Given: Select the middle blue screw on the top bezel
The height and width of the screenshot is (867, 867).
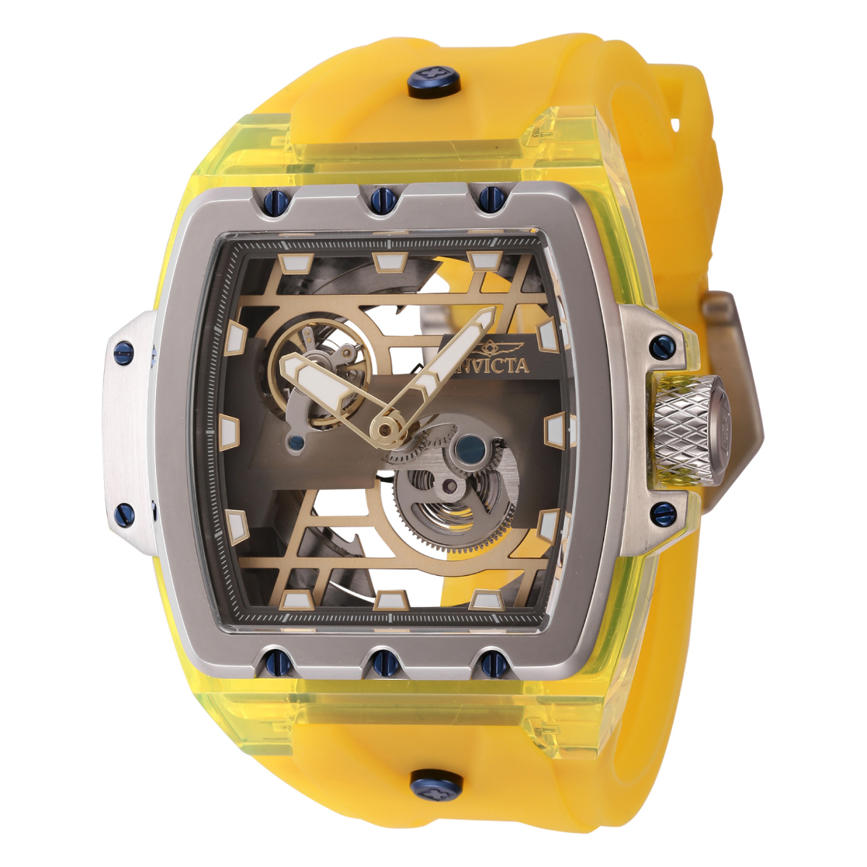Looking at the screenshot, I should (381, 198).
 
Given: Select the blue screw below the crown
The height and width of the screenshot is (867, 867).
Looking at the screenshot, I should (663, 514).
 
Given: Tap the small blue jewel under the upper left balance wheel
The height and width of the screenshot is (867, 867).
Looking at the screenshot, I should (296, 443).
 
